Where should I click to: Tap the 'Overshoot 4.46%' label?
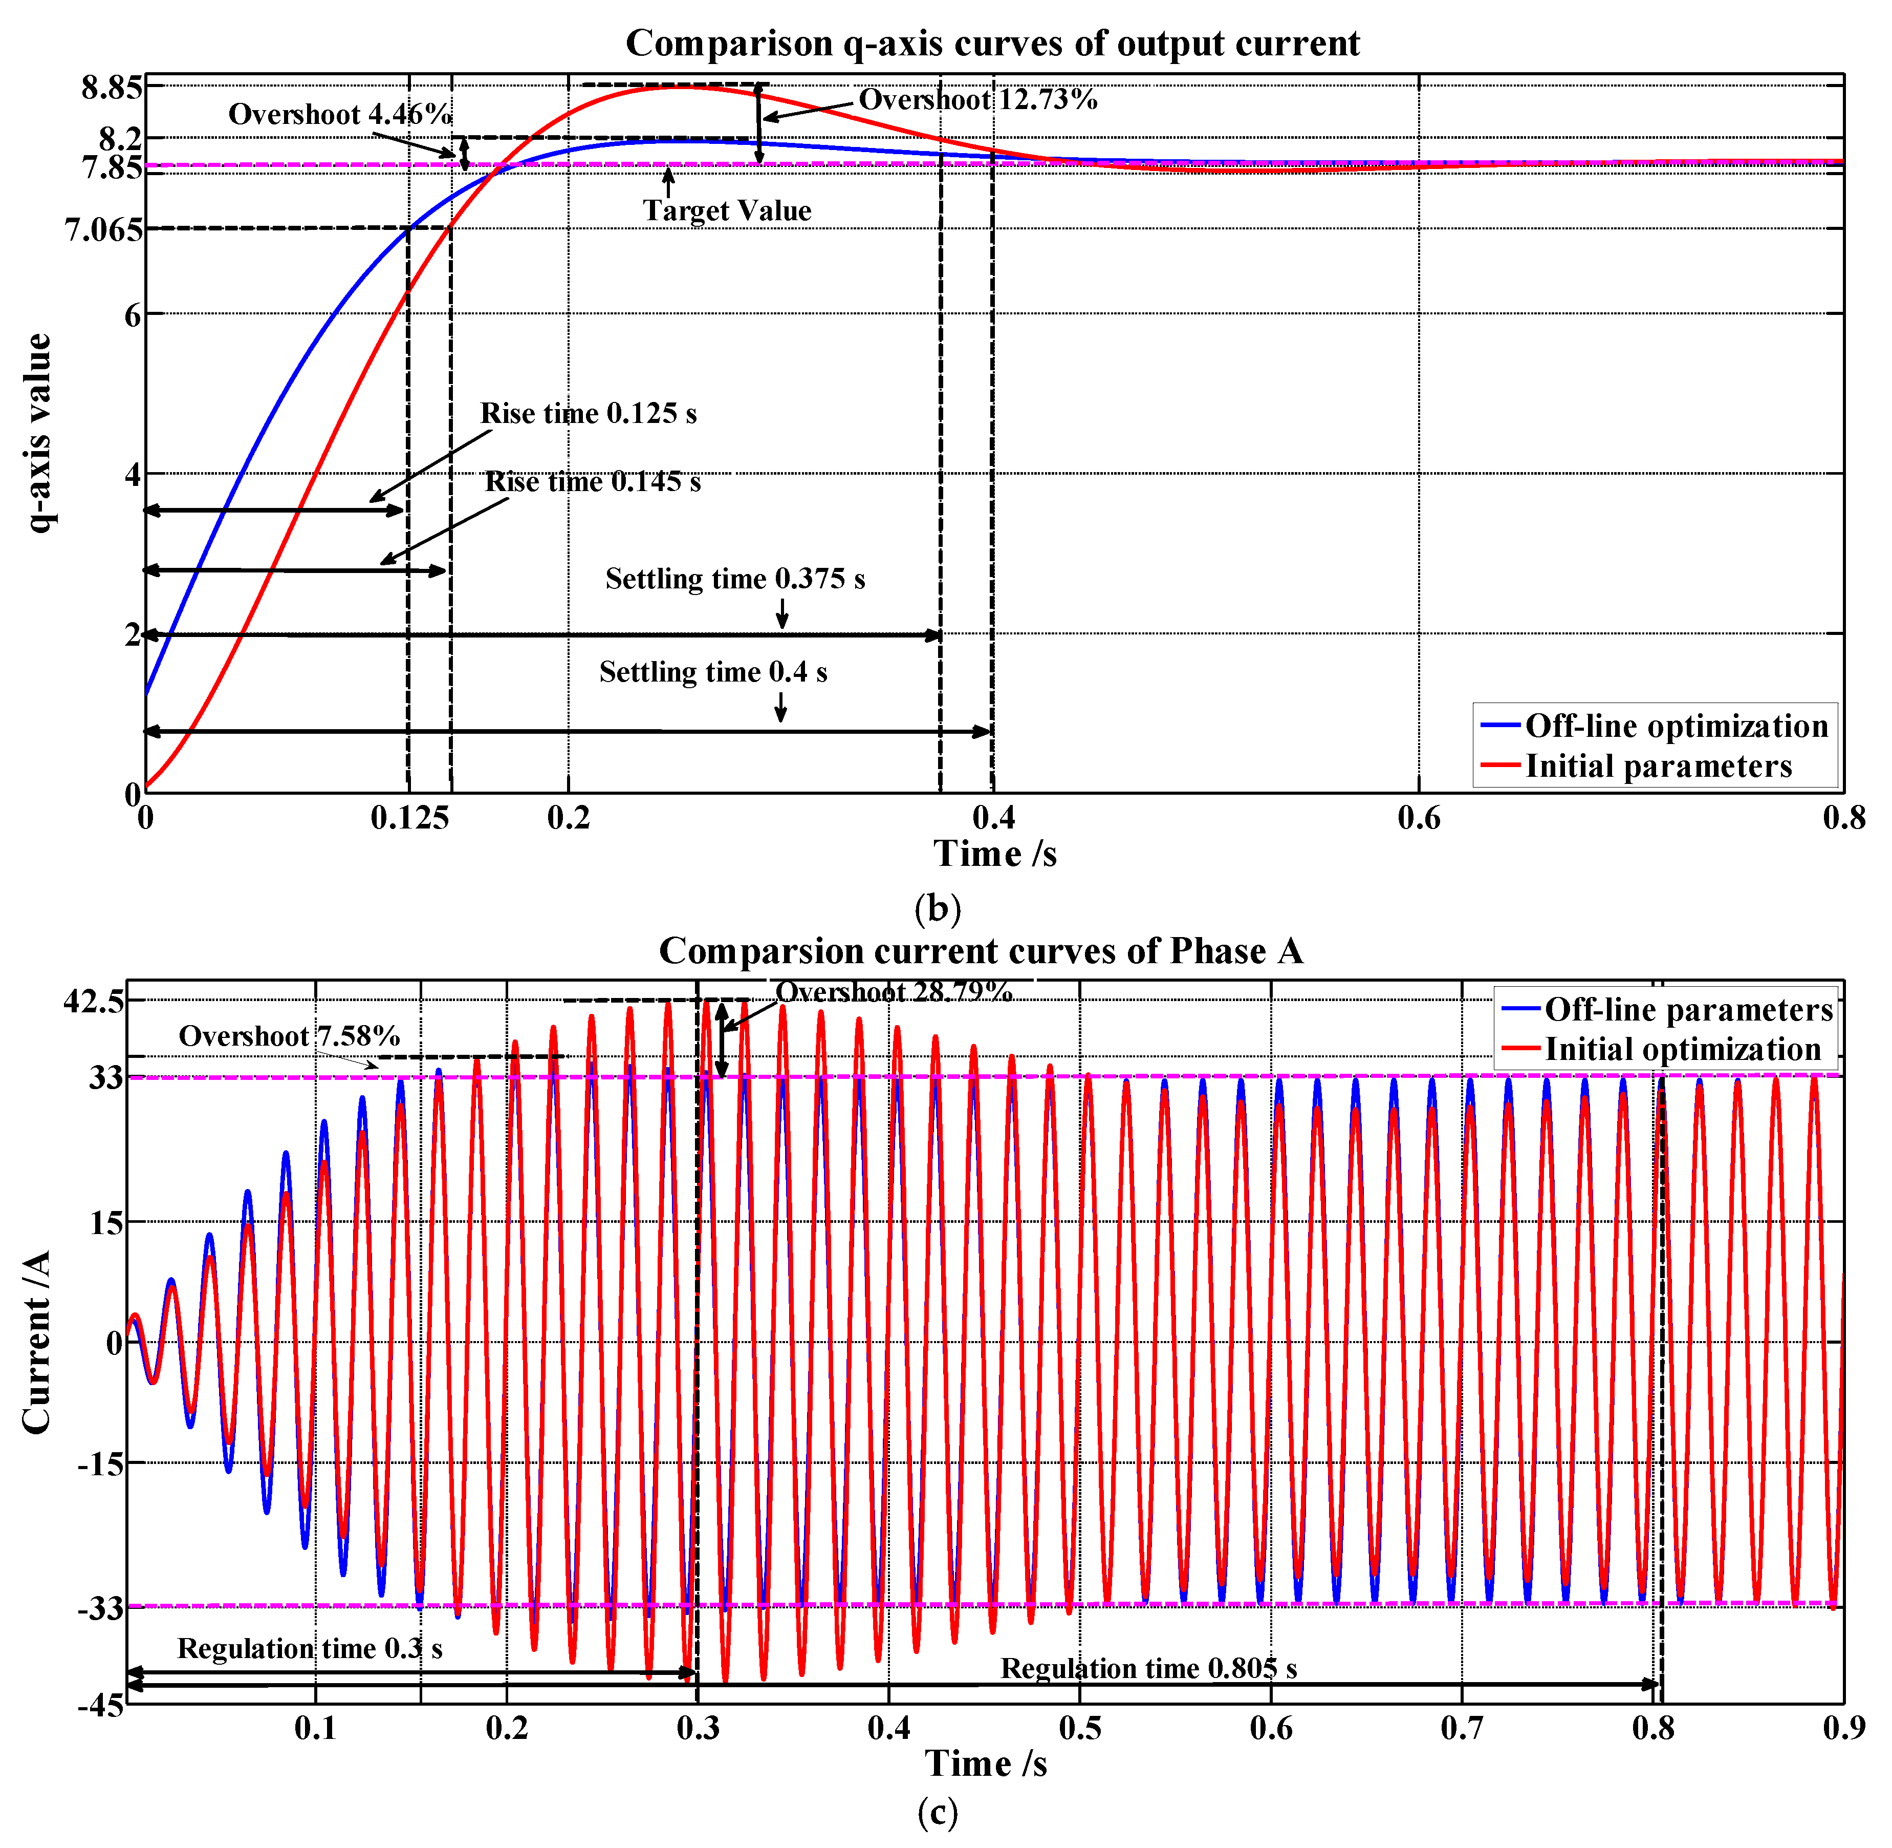tap(340, 115)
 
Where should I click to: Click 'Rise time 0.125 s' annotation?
tap(588, 413)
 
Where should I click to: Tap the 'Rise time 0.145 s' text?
tap(592, 481)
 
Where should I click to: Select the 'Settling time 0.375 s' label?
tap(734, 579)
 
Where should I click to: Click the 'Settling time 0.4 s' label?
tap(712, 672)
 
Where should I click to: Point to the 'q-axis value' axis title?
tap(39, 433)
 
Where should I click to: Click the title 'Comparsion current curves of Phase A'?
tap(980, 951)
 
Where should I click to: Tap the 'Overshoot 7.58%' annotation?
tap(288, 1035)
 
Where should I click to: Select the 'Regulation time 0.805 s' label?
tap(1148, 1668)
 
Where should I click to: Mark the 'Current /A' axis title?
tap(37, 1342)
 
